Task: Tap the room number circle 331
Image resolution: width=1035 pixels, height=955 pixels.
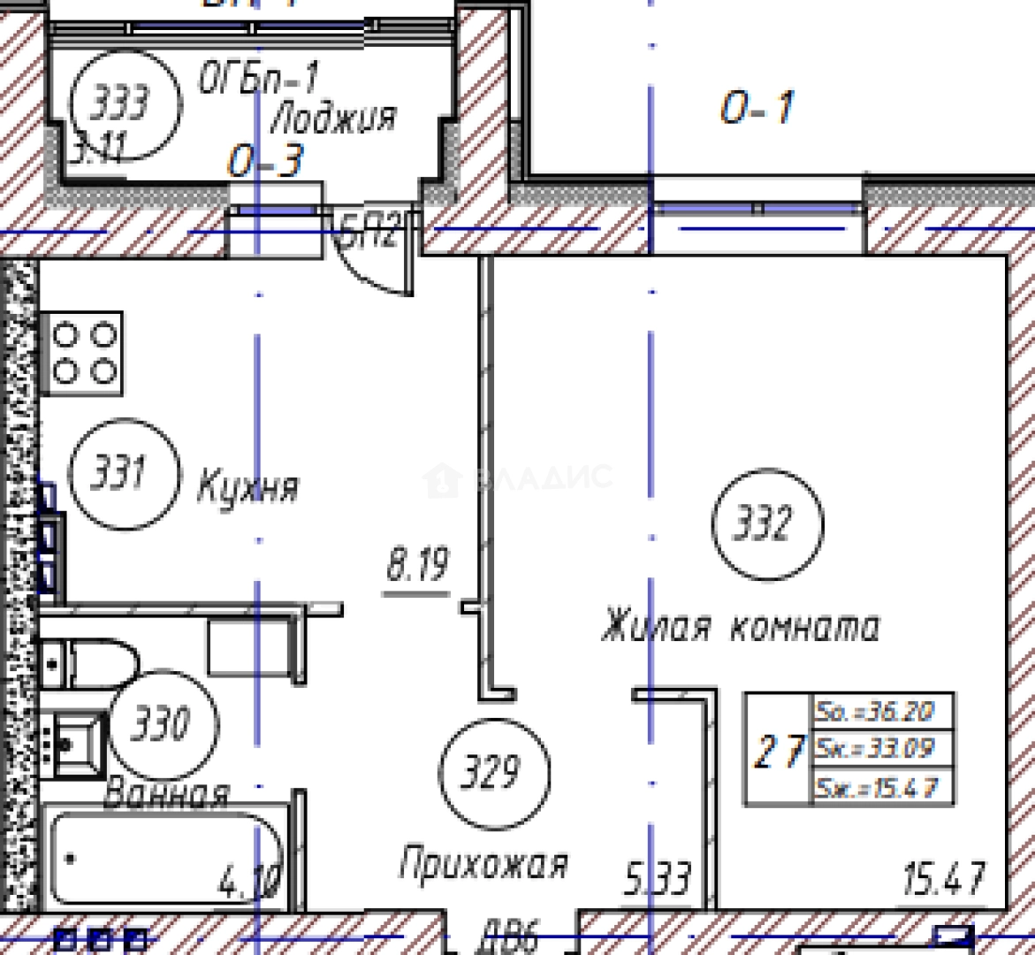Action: tap(123, 475)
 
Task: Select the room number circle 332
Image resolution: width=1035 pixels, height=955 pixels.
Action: tap(766, 525)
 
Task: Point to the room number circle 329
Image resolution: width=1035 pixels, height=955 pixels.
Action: tap(493, 774)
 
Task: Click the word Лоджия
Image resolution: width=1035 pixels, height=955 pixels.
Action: tap(334, 117)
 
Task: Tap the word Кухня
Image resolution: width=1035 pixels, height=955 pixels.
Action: tap(247, 486)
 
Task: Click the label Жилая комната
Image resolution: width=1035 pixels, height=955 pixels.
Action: tap(740, 627)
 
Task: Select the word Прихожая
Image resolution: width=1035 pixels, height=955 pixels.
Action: tap(483, 862)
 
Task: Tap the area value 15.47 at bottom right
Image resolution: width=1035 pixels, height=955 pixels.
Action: tap(943, 881)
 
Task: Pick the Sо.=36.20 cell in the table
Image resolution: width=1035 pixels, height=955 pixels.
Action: tap(882, 711)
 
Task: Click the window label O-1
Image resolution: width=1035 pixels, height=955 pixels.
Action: tap(757, 109)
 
